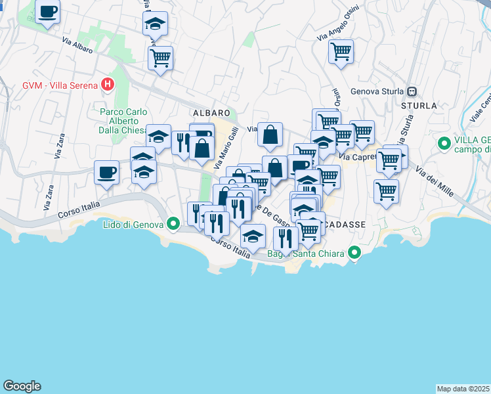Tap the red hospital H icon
click(108, 85)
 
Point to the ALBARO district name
click(211, 113)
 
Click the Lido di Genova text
click(133, 225)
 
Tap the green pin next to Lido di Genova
click(173, 225)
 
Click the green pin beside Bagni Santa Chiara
click(354, 253)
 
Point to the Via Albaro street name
click(77, 45)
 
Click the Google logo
click(22, 386)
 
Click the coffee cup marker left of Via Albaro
click(48, 12)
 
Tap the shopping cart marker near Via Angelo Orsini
click(341, 51)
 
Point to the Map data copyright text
click(463, 389)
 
